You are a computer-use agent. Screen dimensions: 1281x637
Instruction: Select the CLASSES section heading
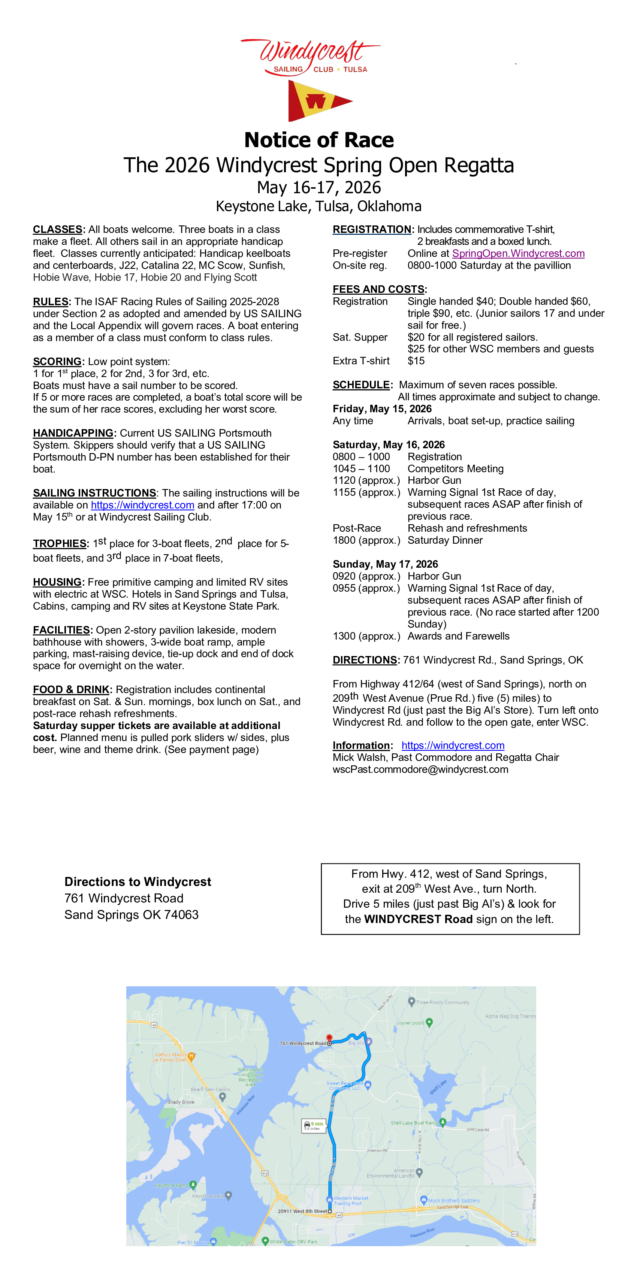[58, 229]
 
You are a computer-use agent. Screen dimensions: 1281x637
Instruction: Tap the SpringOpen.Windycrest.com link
[518, 253]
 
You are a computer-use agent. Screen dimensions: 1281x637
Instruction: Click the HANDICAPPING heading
[73, 433]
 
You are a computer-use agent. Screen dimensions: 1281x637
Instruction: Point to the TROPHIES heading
[60, 544]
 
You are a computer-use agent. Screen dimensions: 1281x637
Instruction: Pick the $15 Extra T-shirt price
[416, 361]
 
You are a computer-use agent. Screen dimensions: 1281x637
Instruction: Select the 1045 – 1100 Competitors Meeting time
[361, 468]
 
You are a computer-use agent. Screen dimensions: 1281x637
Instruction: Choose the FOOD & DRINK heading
[71, 690]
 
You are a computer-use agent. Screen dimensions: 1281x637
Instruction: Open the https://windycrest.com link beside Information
[453, 746]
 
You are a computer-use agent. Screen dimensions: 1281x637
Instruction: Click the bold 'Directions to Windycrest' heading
[138, 882]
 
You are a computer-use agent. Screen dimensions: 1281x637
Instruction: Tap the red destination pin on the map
[329, 1038]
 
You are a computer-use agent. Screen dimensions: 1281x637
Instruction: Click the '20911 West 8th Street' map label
[302, 1211]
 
